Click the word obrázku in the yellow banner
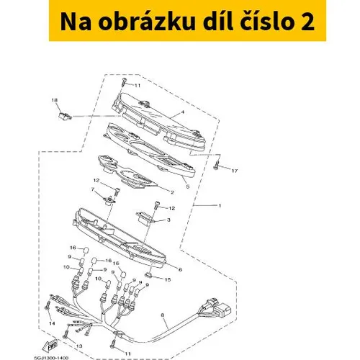pos(147,22)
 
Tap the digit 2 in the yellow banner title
pos(307,22)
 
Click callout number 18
pos(55,100)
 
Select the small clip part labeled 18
pos(65,116)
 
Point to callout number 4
pos(183,112)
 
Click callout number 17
pos(235,171)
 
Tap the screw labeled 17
pos(216,166)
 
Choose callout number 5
pos(188,186)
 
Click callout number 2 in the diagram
pos(172,192)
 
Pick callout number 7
pos(93,190)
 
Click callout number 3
pos(168,220)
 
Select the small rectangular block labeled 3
pos(144,217)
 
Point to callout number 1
pos(220,206)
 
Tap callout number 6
pos(180,269)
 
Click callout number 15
pos(168,279)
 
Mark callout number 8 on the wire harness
pos(163,315)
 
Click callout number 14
pos(52,323)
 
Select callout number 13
pos(79,346)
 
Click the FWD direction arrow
pos(50,345)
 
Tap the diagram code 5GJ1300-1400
pos(51,358)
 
